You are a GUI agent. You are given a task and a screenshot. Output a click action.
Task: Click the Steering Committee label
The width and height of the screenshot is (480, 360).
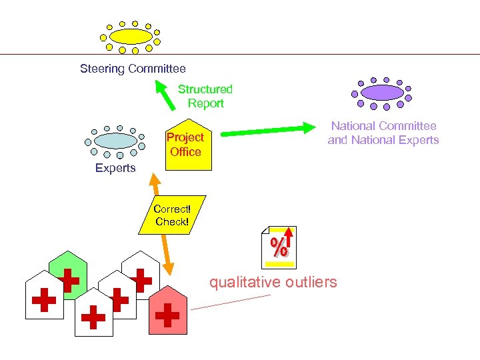[133, 69]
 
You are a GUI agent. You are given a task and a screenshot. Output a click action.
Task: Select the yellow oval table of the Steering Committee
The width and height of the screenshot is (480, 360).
[131, 36]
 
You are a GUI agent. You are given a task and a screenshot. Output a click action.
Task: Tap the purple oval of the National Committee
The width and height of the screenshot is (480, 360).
[381, 92]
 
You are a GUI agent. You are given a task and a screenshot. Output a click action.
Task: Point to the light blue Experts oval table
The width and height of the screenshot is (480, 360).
[115, 141]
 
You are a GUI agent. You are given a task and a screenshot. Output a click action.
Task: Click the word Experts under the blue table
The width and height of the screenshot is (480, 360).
[115, 168]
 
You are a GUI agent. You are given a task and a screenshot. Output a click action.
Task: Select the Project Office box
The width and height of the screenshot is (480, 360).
[187, 147]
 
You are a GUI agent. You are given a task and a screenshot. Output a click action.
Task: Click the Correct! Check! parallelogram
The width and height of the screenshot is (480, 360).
[172, 215]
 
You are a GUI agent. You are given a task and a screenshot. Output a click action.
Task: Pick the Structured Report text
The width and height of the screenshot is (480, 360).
[205, 96]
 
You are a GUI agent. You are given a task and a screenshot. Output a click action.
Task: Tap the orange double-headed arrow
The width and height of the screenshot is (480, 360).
[162, 223]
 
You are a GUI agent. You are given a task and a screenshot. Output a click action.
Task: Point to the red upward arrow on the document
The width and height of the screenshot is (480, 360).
[289, 240]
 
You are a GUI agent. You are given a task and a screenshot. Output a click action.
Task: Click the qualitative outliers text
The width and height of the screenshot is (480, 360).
[273, 282]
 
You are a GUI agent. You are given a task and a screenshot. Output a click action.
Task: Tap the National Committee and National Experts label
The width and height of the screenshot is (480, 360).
[383, 133]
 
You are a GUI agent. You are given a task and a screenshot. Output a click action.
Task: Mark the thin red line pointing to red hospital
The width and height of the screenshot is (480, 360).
[230, 302]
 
